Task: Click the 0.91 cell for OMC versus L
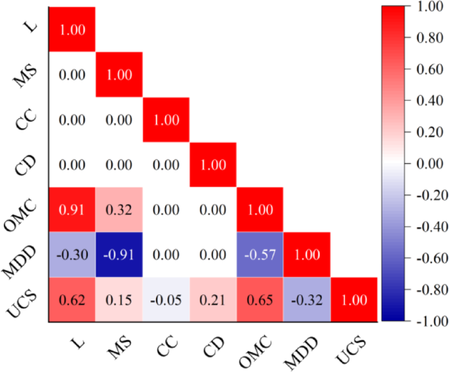click(x=72, y=209)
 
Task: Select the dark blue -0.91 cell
click(x=119, y=254)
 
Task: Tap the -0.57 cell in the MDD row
click(x=260, y=254)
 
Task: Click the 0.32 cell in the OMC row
click(x=119, y=209)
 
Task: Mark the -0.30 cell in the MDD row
click(x=72, y=254)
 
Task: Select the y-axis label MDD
click(x=25, y=252)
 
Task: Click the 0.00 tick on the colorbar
click(x=425, y=164)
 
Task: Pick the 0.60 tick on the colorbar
click(x=425, y=69)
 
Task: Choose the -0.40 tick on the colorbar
click(x=425, y=227)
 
